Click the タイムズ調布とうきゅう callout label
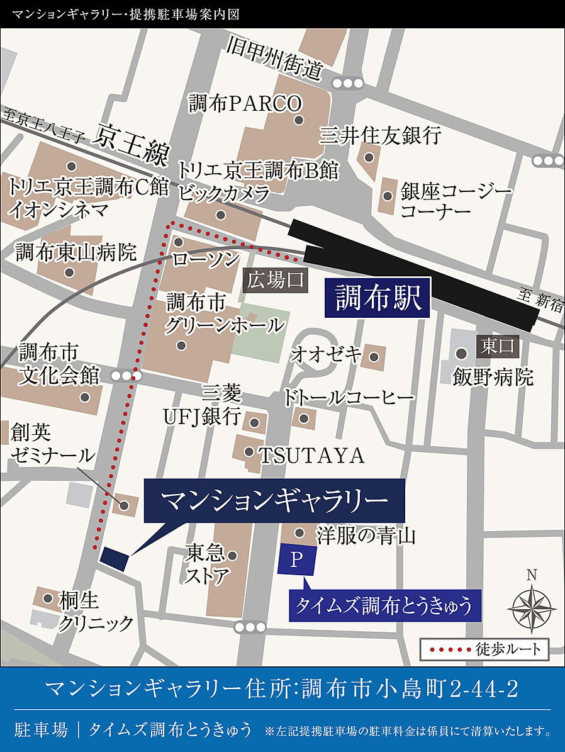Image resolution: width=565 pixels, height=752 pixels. pyautogui.click(x=383, y=606)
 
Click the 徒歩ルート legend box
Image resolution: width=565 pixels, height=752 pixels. pyautogui.click(x=484, y=649)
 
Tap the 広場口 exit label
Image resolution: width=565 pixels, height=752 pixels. pyautogui.click(x=275, y=281)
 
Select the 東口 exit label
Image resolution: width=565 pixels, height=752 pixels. pyautogui.click(x=498, y=345)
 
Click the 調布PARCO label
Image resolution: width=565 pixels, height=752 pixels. pyautogui.click(x=246, y=103)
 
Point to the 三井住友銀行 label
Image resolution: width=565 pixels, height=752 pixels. pyautogui.click(x=380, y=135)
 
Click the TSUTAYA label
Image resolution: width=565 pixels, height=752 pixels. pyautogui.click(x=311, y=455)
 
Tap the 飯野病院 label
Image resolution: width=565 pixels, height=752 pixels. pyautogui.click(x=493, y=377)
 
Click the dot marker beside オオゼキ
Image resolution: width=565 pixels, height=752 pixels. pyautogui.click(x=374, y=357)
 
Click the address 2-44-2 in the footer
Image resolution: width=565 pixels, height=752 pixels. pyautogui.click(x=484, y=689)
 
